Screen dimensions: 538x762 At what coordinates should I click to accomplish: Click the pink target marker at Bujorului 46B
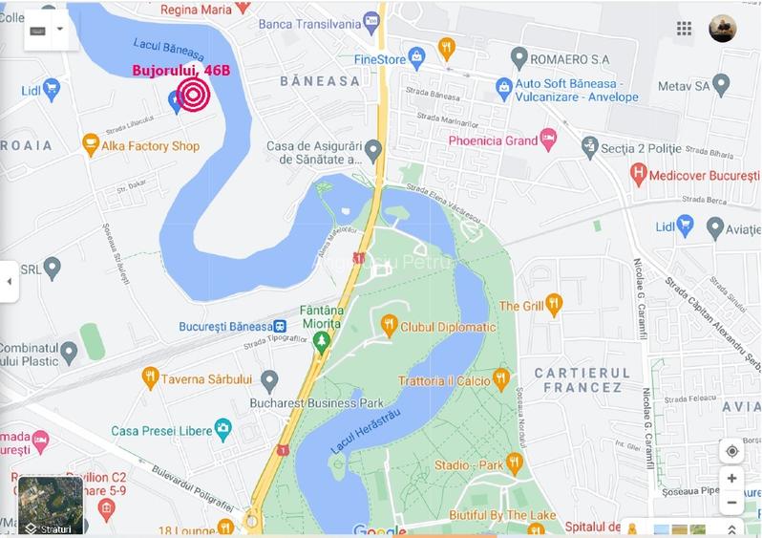(x=194, y=95)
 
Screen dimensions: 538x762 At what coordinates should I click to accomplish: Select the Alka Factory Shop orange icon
(x=91, y=146)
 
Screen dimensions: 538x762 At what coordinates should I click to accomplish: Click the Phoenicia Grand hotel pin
(x=548, y=140)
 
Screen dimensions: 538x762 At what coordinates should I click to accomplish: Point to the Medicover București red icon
(x=639, y=175)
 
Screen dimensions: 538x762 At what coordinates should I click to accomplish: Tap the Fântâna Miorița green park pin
(x=322, y=341)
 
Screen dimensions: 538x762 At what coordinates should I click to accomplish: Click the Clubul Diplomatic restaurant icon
(x=389, y=327)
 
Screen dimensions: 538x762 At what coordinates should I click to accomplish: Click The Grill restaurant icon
(x=554, y=306)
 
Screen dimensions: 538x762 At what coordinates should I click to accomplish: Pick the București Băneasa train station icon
(x=279, y=327)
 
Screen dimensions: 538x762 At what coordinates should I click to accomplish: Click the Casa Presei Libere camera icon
(x=223, y=430)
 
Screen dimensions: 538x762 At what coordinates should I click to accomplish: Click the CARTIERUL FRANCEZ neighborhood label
(x=582, y=379)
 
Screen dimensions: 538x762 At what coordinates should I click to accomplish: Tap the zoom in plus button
(x=731, y=479)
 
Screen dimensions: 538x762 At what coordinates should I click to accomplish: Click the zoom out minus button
(x=731, y=503)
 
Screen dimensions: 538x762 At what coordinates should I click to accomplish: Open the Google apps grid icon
(x=684, y=29)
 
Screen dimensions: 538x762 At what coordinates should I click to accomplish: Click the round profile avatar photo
(x=723, y=29)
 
